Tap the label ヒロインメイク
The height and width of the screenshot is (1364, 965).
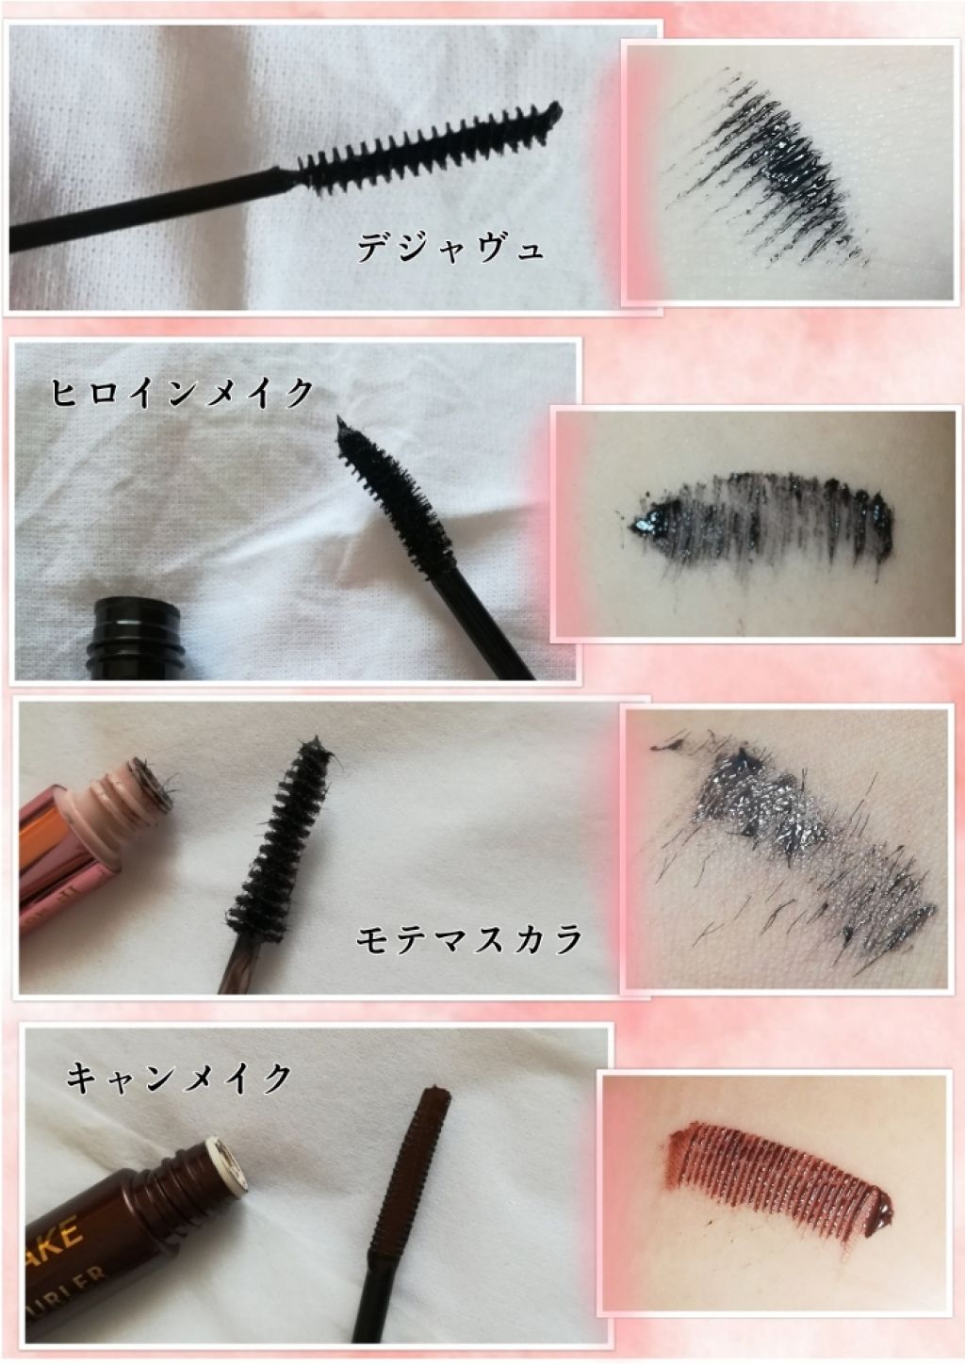pos(179,392)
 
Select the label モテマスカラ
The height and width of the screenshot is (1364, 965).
pos(469,938)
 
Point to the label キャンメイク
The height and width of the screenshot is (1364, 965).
pos(179,1077)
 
